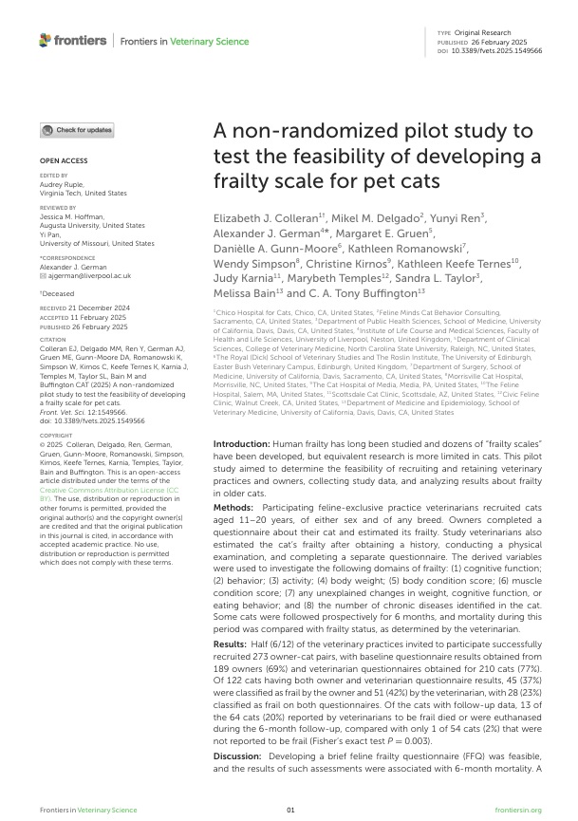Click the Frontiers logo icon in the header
46,40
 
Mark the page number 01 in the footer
290,809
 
